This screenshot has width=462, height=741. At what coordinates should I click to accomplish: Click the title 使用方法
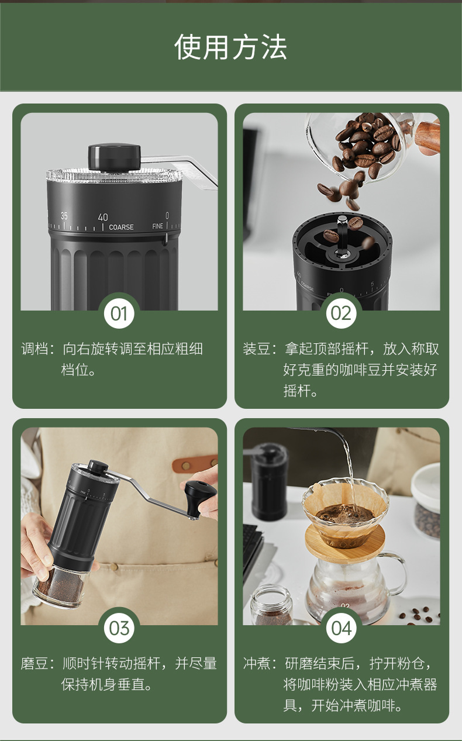tap(230, 47)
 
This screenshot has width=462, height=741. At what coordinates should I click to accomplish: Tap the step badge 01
tap(119, 313)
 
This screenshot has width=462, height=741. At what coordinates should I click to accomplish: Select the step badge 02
tap(342, 313)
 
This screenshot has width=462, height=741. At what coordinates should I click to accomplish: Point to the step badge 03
tap(119, 628)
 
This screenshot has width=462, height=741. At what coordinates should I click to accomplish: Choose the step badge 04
tap(342, 628)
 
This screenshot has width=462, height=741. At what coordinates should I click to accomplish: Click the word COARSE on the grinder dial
tap(122, 228)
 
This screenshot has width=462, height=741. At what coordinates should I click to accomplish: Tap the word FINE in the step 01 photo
tap(158, 226)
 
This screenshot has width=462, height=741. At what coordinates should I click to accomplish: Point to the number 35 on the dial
tap(64, 216)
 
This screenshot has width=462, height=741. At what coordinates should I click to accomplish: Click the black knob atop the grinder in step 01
tap(115, 157)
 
